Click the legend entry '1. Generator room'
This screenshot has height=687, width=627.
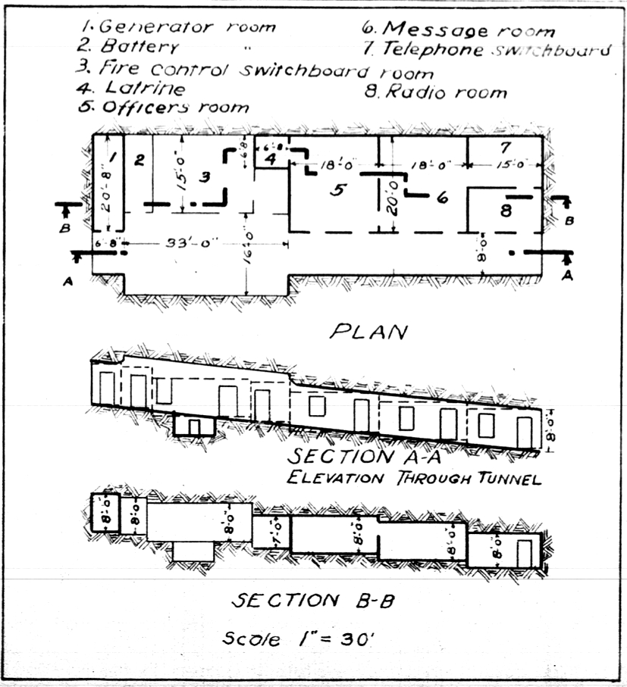[178, 27]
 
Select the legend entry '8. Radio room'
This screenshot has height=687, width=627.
[435, 92]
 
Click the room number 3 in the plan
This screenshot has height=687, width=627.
[202, 176]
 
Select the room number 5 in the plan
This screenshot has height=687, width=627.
[339, 189]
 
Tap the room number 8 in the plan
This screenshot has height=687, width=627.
[506, 211]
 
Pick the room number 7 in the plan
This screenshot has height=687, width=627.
[506, 146]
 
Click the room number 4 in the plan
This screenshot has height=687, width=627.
[271, 158]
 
